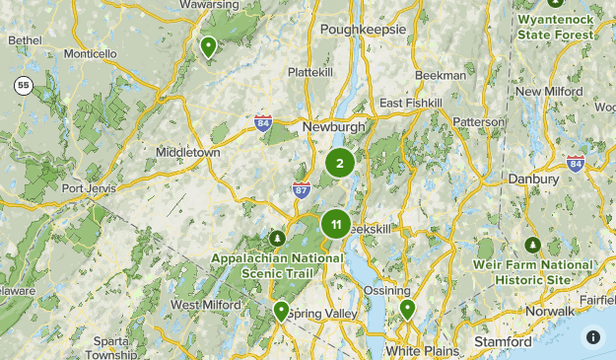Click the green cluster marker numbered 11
point(336,224)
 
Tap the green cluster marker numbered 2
point(339,164)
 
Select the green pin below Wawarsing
point(208,45)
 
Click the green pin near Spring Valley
point(281,311)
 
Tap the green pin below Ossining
point(407,310)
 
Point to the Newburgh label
point(333,127)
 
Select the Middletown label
point(187,153)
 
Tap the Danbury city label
point(533,179)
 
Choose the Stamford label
point(503,342)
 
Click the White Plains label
point(416,350)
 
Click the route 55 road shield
point(24,86)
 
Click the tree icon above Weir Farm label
point(533,245)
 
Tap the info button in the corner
point(592,336)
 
